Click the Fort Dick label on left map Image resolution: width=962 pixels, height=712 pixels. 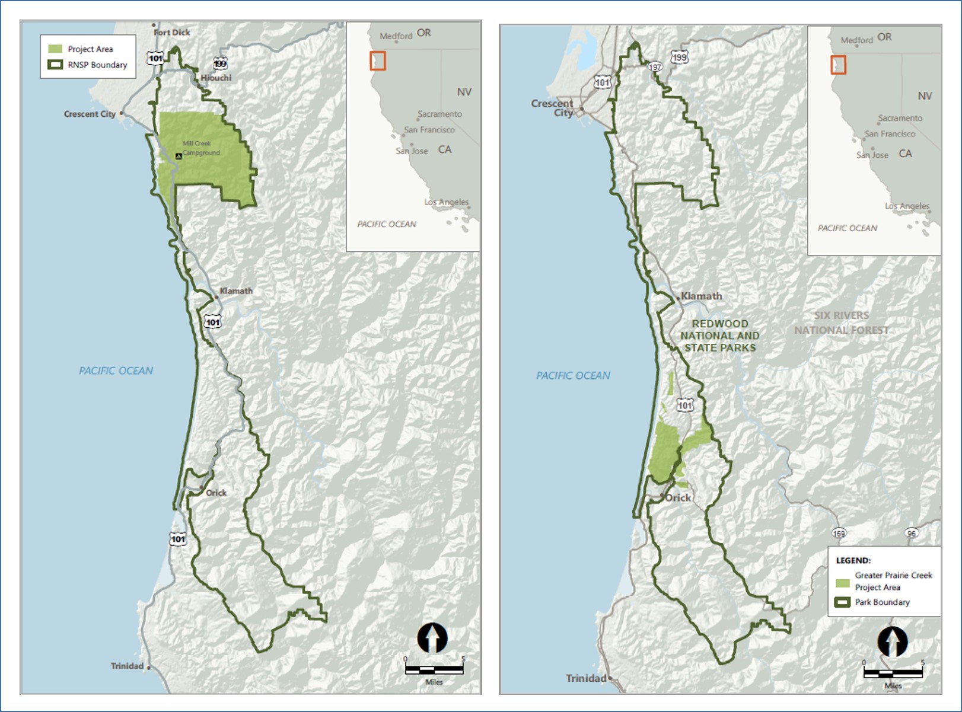coord(172,33)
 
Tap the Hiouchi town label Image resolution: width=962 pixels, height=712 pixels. coord(216,78)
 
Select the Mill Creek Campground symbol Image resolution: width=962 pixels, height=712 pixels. coord(179,156)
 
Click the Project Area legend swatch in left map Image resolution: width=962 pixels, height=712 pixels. coord(55,49)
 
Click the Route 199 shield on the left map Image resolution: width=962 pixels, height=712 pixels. coord(221,64)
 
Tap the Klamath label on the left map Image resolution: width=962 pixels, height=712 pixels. coord(236,291)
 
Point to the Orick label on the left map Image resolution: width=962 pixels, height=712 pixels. coord(216,493)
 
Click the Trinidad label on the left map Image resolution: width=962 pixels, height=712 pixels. coord(127,666)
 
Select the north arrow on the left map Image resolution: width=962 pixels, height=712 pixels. coord(432,638)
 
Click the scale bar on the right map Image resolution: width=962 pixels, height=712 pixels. coord(893,673)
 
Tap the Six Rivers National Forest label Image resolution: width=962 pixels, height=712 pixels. coord(841,323)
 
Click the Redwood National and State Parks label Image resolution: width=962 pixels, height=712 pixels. coord(719,336)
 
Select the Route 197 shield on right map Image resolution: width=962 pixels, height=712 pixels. coord(655,67)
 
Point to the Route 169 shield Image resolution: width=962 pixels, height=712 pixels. coord(839,534)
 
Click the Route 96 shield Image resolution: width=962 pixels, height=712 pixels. coord(912,534)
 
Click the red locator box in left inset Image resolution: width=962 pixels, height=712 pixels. coord(378,60)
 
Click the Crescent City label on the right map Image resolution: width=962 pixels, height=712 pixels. coord(552,108)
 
